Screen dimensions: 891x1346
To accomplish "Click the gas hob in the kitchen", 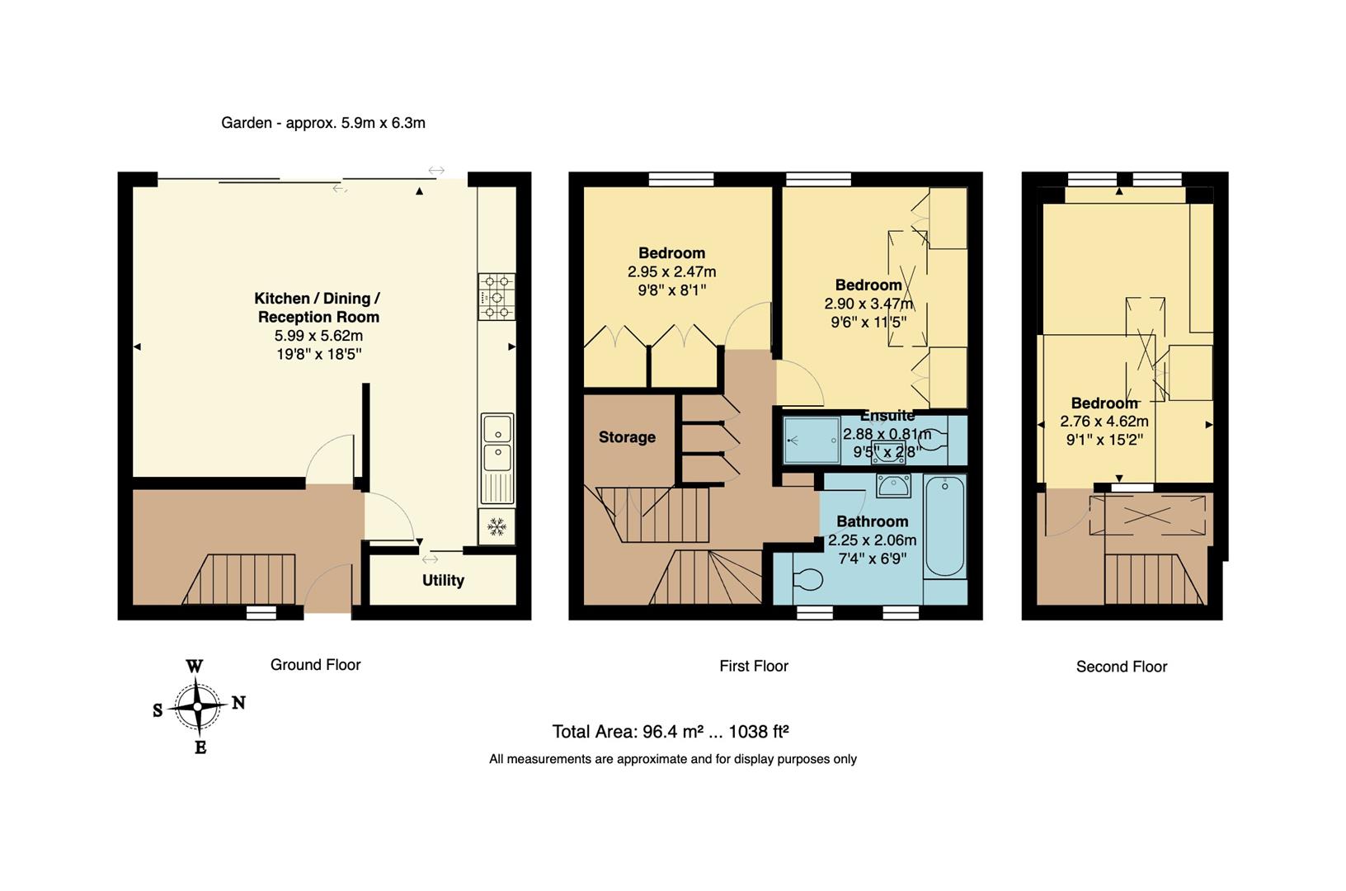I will tap(497, 297).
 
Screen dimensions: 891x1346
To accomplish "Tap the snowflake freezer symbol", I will tap(497, 526).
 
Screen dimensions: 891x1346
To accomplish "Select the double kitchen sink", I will tap(497, 442).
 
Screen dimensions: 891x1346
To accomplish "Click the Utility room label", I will tap(443, 580).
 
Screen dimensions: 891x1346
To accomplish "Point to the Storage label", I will tap(627, 437).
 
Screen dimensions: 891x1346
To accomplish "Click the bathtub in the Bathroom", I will tap(944, 526).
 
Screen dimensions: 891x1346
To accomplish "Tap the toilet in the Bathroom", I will tap(807, 580).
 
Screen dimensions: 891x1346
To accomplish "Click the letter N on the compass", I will tap(238, 703).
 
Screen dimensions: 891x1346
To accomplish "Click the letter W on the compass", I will tap(195, 667).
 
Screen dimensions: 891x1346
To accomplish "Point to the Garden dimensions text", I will tap(323, 123).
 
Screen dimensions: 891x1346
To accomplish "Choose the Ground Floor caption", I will tap(315, 665).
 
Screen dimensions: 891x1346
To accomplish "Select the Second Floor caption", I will tap(1121, 667).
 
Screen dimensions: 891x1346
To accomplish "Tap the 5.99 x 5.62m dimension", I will tap(318, 336).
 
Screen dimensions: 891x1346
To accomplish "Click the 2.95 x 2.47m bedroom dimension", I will tap(671, 271).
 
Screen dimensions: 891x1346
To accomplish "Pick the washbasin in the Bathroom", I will tap(894, 486).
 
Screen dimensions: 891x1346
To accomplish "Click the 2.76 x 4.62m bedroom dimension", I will tap(1104, 422).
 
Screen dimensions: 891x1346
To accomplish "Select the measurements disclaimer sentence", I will tap(672, 759).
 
